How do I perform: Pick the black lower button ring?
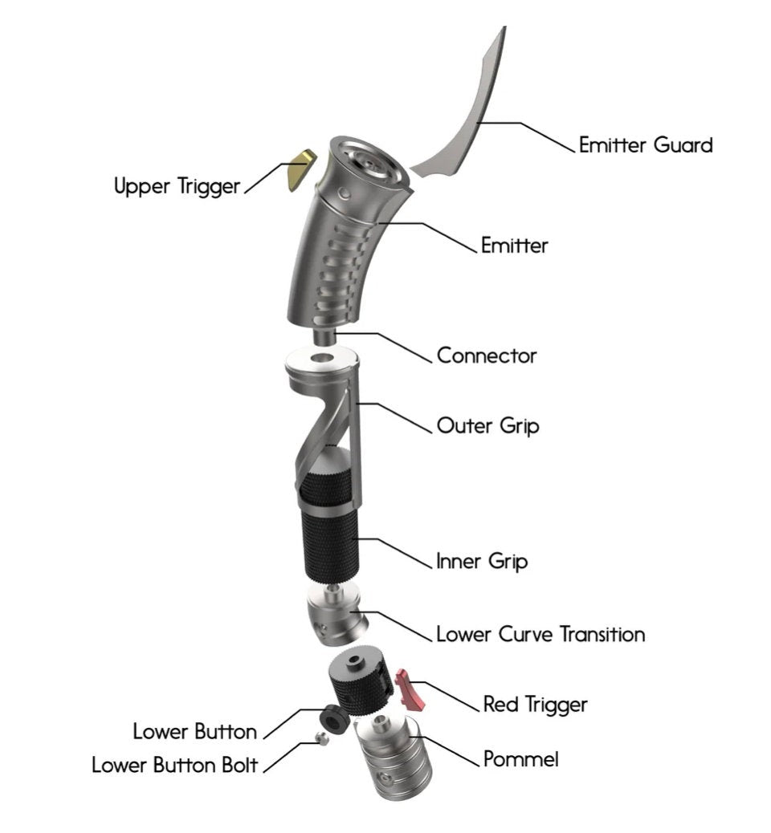tap(332, 717)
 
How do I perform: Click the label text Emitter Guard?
tap(645, 145)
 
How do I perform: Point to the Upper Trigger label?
tap(177, 187)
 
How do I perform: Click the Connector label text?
tap(487, 355)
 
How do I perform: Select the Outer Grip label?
tap(487, 425)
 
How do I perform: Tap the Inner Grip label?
tap(482, 561)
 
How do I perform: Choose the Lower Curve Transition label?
tap(541, 634)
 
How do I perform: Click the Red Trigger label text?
tap(535, 705)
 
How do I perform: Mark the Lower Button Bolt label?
tap(175, 765)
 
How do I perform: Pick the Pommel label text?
tap(520, 758)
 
